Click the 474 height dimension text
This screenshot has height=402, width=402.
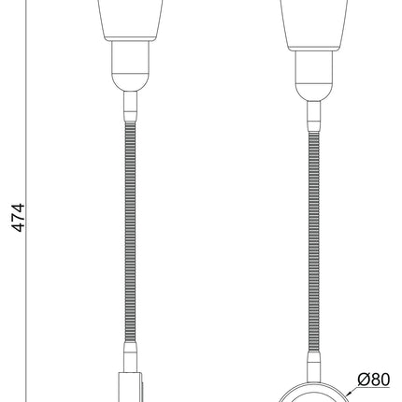(18, 218)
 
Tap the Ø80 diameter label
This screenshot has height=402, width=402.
(374, 380)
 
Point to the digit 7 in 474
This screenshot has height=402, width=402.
(18, 218)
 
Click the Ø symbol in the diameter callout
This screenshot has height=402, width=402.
(363, 380)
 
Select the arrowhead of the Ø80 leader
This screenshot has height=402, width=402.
(347, 394)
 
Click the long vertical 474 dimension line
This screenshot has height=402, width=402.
(26, 201)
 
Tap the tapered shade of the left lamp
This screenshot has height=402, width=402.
(130, 20)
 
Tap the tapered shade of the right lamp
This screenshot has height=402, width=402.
(313, 25)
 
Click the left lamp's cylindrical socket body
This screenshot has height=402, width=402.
(130, 57)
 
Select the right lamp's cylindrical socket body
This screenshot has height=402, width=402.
(313, 67)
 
